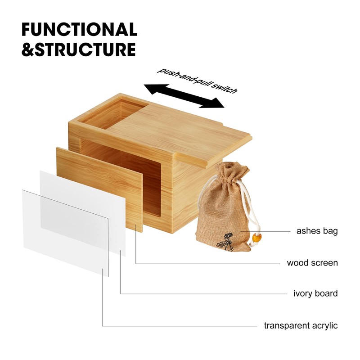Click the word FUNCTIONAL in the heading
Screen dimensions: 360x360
pyautogui.click(x=79, y=30)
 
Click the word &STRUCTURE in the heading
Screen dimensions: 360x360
pyautogui.click(x=79, y=49)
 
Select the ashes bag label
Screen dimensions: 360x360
pyautogui.click(x=317, y=231)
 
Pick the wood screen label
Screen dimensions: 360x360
pyautogui.click(x=312, y=262)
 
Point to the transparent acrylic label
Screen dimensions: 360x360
pyautogui.click(x=301, y=325)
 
